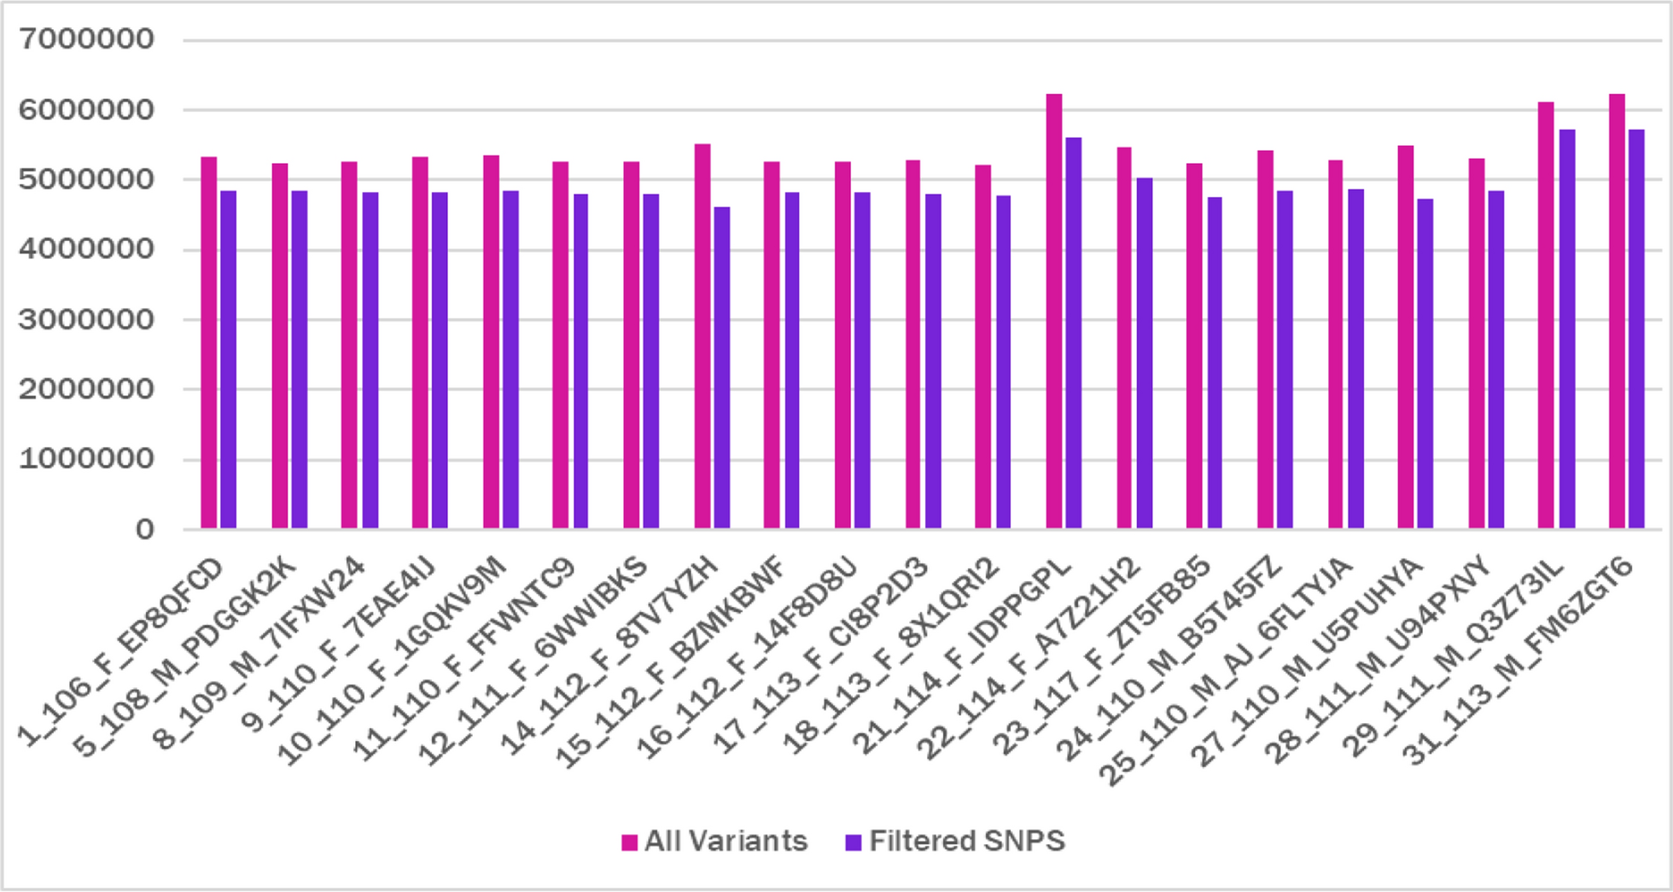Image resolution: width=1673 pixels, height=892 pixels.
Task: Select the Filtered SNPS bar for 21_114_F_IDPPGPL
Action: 1073,333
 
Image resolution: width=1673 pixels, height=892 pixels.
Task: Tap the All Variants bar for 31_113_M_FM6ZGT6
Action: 1617,312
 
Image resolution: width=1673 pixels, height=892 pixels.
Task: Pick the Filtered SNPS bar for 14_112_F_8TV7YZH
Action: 721,368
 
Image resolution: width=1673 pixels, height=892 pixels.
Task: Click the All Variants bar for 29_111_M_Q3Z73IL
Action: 1546,316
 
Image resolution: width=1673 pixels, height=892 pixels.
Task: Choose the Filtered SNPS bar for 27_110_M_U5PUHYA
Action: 1425,364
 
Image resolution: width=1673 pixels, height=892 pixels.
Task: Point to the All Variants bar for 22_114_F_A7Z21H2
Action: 1124,338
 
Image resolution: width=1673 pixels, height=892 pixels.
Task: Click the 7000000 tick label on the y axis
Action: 86,39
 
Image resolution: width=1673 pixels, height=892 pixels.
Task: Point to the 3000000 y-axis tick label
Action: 86,319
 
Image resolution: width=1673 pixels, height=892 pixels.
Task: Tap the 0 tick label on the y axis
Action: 144,529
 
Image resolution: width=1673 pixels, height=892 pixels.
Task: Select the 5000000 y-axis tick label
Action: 86,179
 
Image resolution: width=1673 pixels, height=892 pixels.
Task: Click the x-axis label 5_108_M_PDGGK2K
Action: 185,657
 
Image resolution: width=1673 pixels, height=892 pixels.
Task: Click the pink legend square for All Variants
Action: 630,842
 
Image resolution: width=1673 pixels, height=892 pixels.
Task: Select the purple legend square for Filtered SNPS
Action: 853,842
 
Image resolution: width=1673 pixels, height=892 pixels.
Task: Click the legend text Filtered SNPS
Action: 967,842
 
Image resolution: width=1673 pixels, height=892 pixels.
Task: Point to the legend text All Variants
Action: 726,842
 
